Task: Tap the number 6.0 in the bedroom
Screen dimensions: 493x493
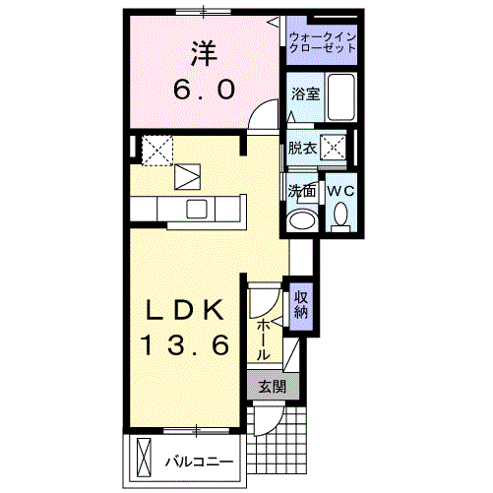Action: [x=204, y=90]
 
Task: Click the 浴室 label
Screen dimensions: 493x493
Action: [x=304, y=94]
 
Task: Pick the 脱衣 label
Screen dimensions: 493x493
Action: [x=301, y=149]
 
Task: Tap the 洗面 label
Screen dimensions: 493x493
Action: [x=301, y=189]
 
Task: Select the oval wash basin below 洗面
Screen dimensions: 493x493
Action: [x=302, y=217]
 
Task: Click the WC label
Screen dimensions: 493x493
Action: [x=340, y=189]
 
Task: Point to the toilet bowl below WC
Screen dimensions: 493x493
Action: [x=340, y=214]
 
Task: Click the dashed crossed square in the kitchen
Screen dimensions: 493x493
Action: [x=156, y=150]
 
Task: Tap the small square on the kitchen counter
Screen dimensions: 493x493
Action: [x=197, y=208]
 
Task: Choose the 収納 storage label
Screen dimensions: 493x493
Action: [x=301, y=305]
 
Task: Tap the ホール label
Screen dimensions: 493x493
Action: [x=264, y=338]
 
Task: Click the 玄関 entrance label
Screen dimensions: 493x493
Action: [x=272, y=387]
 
